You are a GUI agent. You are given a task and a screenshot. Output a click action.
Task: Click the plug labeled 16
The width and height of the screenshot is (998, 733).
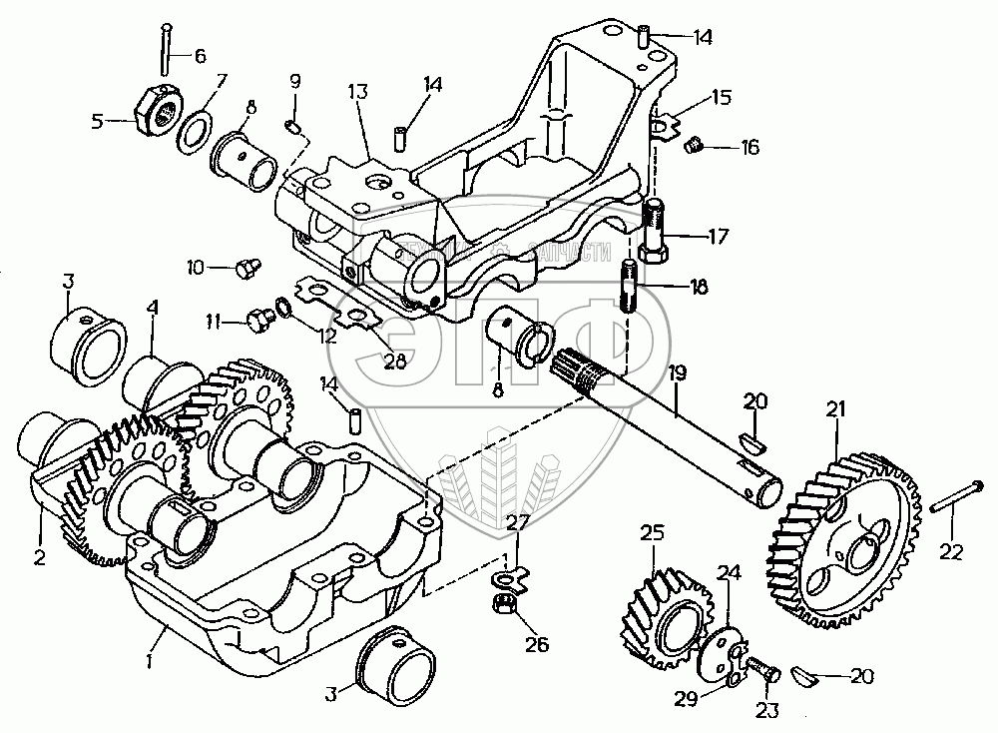click(x=694, y=148)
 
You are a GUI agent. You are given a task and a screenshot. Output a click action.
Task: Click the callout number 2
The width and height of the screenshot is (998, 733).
click(x=39, y=558)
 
